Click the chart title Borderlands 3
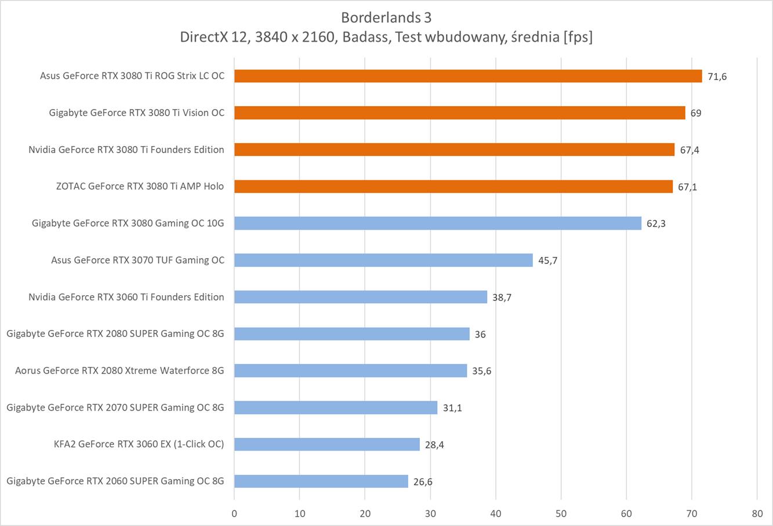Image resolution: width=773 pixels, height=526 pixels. tap(386, 16)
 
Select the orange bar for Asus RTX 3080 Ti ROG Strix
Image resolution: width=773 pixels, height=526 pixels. tap(468, 76)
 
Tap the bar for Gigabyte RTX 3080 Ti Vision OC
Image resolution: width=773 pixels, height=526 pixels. tap(459, 113)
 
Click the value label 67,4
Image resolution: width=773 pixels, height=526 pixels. tap(689, 150)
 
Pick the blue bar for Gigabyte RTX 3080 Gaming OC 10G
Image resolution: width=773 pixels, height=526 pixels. tap(438, 223)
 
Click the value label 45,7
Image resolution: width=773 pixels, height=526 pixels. tap(547, 260)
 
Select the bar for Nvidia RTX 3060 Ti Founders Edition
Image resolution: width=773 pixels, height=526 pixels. tap(361, 297)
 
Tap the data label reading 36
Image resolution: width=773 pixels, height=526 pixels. tap(480, 334)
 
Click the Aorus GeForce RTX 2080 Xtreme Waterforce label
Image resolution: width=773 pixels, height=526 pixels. tap(119, 371)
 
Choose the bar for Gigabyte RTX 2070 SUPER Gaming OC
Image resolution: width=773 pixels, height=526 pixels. tap(336, 408)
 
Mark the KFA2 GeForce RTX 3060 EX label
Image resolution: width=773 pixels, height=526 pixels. tap(139, 444)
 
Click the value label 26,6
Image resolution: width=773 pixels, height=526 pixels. tap(423, 481)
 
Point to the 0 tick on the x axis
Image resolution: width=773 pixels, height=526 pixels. tap(234, 513)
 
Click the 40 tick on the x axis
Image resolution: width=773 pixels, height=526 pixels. tap(496, 513)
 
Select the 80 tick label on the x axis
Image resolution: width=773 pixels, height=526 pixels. tap(757, 513)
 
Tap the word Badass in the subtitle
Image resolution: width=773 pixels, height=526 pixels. tap(364, 37)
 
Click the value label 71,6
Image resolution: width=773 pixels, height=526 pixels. tap(717, 77)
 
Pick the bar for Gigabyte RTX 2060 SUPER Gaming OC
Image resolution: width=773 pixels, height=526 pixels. tap(321, 481)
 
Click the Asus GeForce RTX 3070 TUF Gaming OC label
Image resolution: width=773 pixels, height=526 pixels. tap(137, 260)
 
